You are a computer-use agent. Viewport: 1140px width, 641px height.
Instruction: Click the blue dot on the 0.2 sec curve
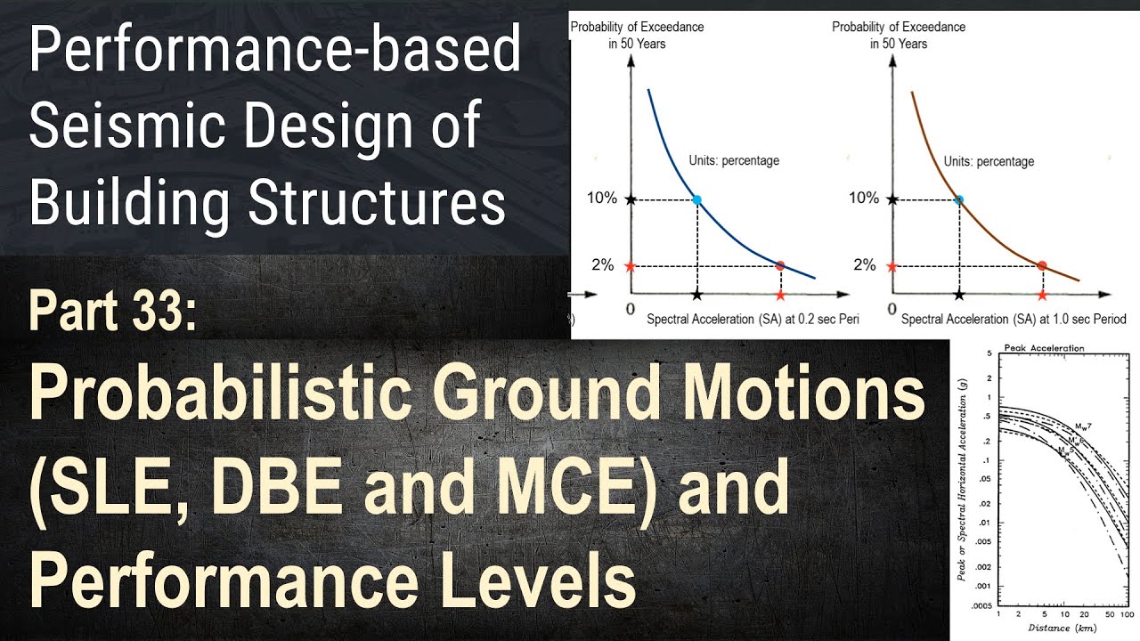(x=696, y=199)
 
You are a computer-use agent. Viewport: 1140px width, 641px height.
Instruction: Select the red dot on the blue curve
(x=780, y=265)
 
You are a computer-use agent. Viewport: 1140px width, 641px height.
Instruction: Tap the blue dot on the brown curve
(x=958, y=199)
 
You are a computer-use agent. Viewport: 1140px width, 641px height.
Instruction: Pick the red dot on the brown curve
(x=1042, y=265)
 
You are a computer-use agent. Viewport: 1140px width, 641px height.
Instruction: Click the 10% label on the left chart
(x=602, y=198)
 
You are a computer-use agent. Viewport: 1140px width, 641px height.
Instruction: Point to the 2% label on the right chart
(x=864, y=264)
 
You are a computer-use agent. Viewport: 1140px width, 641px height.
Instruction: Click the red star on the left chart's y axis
(x=631, y=265)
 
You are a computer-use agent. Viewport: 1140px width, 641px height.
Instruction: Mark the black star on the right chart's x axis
(x=958, y=294)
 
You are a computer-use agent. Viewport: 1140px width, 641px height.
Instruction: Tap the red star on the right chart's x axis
(x=1042, y=294)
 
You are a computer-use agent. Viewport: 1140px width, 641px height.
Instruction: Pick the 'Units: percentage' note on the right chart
(x=989, y=161)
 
